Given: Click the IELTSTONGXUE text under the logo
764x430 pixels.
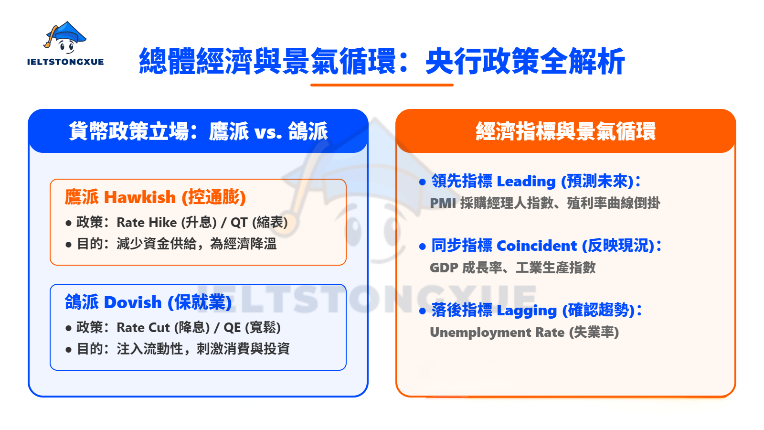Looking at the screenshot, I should pyautogui.click(x=65, y=62).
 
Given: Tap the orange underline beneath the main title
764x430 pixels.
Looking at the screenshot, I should pyautogui.click(x=382, y=85).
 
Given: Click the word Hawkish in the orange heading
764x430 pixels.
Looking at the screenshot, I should pyautogui.click(x=140, y=197).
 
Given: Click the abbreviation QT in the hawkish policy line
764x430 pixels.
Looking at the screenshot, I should pyautogui.click(x=239, y=223).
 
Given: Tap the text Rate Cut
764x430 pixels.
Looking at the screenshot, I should pyautogui.click(x=143, y=328).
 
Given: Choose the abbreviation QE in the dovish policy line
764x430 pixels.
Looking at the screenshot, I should pyautogui.click(x=232, y=328).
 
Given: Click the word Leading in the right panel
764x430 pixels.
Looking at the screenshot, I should pyautogui.click(x=526, y=182).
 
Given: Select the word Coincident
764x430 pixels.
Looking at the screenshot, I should pyautogui.click(x=537, y=246).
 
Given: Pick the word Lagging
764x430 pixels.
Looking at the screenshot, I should pyautogui.click(x=527, y=311).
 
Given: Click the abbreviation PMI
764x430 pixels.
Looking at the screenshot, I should pyautogui.click(x=443, y=204).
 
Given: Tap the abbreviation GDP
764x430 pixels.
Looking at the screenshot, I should pyautogui.click(x=444, y=268).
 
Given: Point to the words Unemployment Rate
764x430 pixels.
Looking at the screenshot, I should pyautogui.click(x=497, y=333).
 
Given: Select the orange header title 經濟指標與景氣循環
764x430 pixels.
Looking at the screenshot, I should pyautogui.click(x=565, y=131).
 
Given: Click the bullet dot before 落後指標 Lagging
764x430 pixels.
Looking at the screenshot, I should pyautogui.click(x=422, y=311).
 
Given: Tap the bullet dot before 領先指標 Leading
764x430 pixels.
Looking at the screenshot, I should pyautogui.click(x=422, y=182).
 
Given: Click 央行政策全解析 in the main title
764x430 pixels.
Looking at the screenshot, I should pyautogui.click(x=525, y=62).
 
